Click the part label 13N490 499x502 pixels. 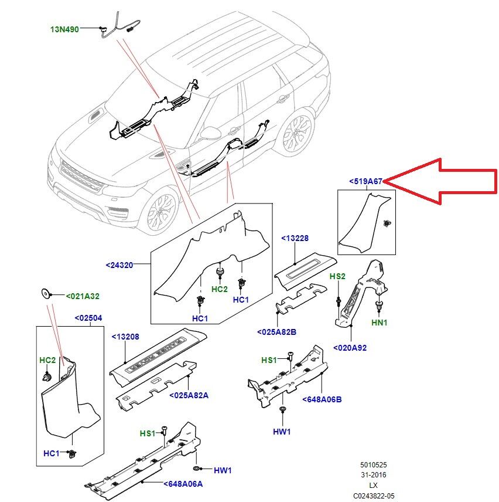64,28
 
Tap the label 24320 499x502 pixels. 120,265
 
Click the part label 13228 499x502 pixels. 295,238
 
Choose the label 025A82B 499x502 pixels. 276,332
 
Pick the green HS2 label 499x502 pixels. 337,276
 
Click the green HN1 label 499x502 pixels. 379,323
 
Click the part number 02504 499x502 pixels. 88,318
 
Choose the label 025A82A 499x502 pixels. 189,395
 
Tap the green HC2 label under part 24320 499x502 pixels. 219,289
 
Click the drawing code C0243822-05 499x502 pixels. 374,496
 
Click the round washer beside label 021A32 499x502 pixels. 45,292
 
